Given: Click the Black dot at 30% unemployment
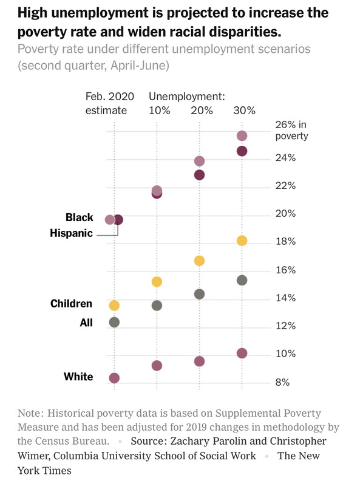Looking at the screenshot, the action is pos(242,135).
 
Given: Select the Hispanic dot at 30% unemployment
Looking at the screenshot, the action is pos(242,151).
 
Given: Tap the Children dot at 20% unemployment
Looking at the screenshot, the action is pos(199,261).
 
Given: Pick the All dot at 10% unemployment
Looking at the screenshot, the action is pos(157,306).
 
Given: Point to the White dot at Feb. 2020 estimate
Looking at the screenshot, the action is pos(114,378).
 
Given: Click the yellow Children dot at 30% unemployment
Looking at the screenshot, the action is pos(242,241).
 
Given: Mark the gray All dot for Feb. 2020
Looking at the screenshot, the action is pos(114,323).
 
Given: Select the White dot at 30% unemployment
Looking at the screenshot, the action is pos(242,353).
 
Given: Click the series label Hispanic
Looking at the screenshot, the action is pos(71,233).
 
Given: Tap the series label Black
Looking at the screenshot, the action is pos(80,217).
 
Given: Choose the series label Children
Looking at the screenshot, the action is pos(71,303).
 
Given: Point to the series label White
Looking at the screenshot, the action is pos(78,377).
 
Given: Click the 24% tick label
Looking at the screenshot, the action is pos(286,158).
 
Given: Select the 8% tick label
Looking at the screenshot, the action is pos(282,382).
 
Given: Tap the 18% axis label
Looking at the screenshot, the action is pos(286,241).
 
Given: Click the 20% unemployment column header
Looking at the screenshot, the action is pos(202,111).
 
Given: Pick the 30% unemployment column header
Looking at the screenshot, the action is pos(245,111).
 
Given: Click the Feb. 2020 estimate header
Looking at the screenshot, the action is pos(110,103).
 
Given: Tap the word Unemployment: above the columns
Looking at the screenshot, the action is pos(187,97).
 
